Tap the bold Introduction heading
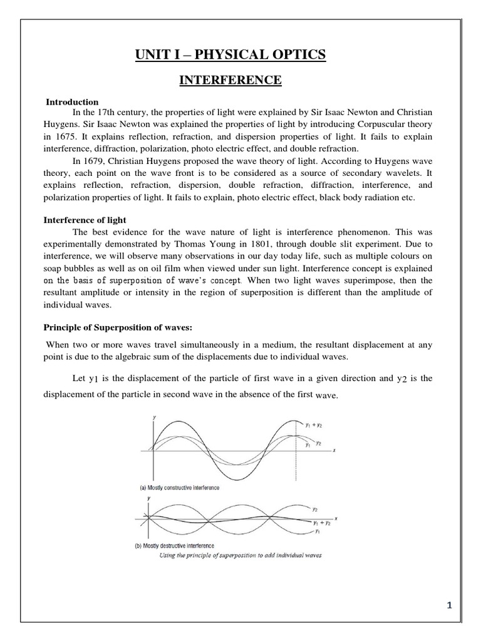73,101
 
